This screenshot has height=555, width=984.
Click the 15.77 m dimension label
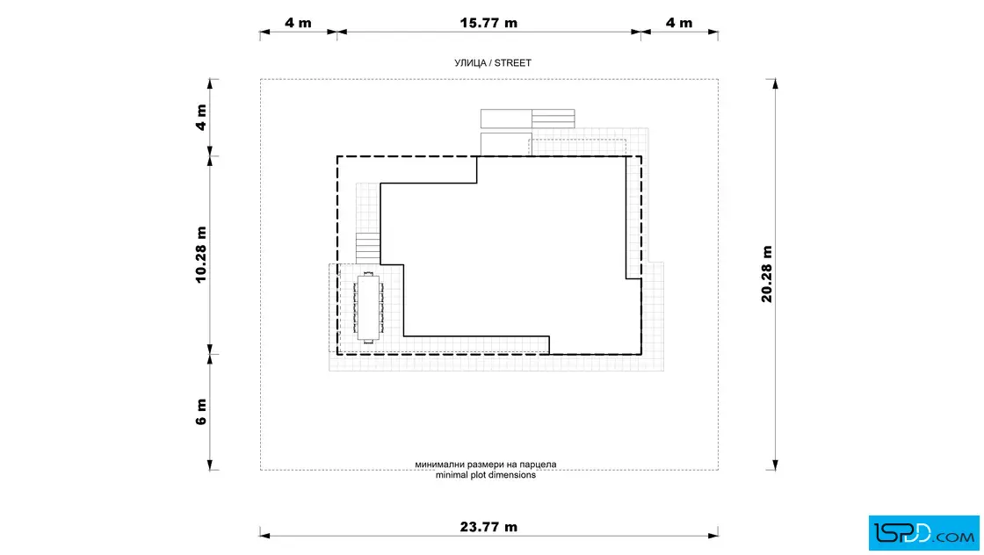point(488,23)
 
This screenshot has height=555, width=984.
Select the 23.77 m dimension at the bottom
point(488,527)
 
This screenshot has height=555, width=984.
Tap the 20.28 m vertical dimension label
point(767,274)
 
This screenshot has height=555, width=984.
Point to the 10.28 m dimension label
point(201,255)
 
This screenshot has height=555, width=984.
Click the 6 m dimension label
point(201,412)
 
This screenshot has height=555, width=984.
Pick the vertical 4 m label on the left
point(201,118)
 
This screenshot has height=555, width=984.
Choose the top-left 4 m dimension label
point(298,23)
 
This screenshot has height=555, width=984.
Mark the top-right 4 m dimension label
point(679,23)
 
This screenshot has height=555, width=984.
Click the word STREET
point(513,62)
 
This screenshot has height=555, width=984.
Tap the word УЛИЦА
point(470,62)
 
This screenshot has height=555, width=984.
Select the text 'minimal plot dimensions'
point(486,475)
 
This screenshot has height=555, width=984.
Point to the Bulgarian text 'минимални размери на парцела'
point(486,465)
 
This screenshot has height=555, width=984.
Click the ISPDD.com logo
point(923,533)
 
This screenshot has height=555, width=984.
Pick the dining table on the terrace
point(368,308)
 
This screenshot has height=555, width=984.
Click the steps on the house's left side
point(368,249)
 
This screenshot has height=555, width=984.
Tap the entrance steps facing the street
point(553,119)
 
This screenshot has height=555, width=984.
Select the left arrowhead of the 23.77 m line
point(264,536)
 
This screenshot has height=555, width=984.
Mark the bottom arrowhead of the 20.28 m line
point(775,465)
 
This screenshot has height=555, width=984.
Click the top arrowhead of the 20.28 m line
point(775,84)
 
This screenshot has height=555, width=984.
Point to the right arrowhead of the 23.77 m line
point(713,536)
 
